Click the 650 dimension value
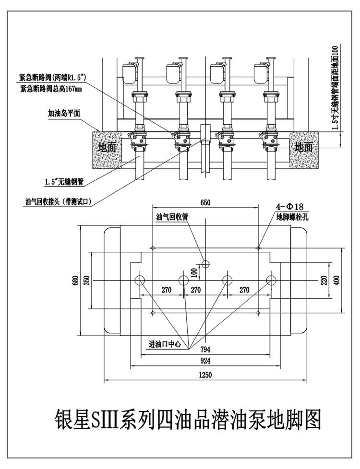click(x=205, y=203)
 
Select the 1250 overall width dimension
click(x=205, y=375)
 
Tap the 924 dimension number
click(x=205, y=361)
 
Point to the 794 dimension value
click(x=205, y=349)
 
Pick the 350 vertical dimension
click(x=87, y=281)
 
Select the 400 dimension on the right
click(x=336, y=280)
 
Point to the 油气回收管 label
click(x=173, y=217)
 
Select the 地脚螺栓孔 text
click(x=291, y=217)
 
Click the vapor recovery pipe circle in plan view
click(x=205, y=264)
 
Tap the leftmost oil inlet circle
click(x=141, y=280)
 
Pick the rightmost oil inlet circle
click(x=271, y=280)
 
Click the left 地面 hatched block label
click(x=107, y=147)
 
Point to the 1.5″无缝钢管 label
click(x=64, y=182)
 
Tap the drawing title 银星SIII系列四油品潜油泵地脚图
click(x=185, y=420)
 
